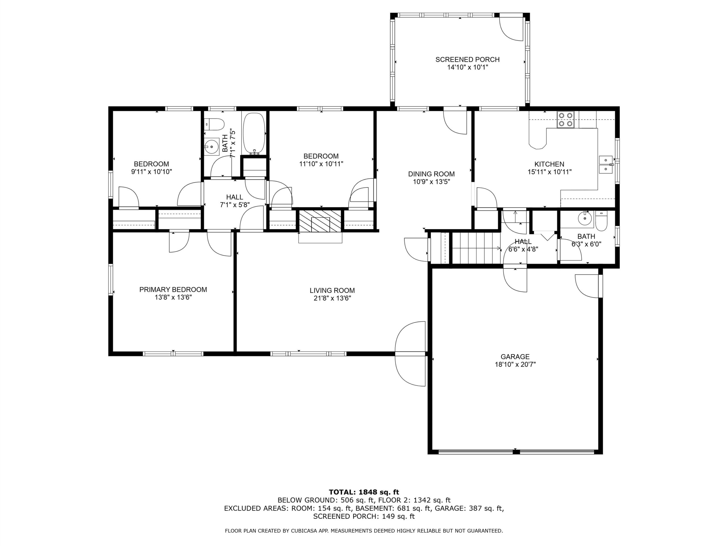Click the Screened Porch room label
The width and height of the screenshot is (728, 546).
point(467,59)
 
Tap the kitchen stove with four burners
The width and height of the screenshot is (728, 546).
point(565,120)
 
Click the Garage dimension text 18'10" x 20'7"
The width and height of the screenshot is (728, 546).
point(515,364)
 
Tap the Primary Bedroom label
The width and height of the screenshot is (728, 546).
point(173,289)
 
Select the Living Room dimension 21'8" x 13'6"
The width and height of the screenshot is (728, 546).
point(332,299)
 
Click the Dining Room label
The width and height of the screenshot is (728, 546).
point(431,174)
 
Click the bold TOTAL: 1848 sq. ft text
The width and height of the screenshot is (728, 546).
point(364,492)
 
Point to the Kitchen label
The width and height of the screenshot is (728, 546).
point(549,164)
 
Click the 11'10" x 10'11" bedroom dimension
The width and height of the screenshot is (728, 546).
point(321,164)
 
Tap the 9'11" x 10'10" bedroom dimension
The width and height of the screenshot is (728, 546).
point(151,171)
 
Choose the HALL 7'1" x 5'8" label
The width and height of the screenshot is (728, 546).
point(235,201)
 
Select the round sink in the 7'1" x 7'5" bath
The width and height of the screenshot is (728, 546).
point(212,146)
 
